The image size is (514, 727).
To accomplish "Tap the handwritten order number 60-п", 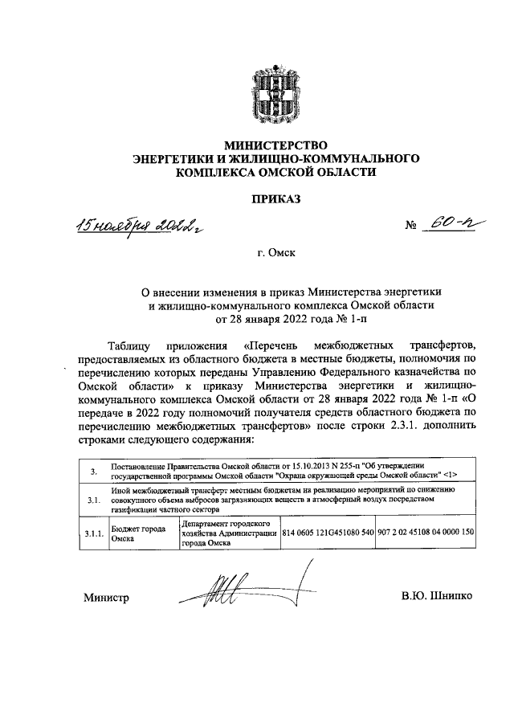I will tap(451, 225).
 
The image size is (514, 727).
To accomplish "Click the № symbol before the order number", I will tap(414, 227).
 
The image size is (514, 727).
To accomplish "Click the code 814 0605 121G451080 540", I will tap(328, 532).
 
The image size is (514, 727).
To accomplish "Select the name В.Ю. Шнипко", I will tap(438, 597).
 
